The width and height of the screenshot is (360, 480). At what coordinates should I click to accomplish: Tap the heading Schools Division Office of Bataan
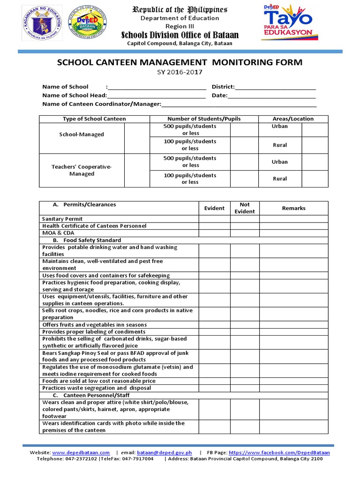coord(180,35)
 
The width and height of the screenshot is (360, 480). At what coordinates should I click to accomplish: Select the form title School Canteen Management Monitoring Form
coord(180,62)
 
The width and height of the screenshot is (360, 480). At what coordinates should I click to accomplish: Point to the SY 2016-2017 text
coord(180,72)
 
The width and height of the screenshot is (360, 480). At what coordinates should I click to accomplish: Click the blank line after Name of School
coord(157,87)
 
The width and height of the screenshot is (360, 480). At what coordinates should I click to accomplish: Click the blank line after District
coord(275,87)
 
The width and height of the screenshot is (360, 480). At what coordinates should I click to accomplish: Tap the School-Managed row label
coord(82,135)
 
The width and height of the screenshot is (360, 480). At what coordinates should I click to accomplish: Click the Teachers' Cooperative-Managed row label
coord(82,170)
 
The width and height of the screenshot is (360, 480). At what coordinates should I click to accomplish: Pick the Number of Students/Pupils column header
coord(204,119)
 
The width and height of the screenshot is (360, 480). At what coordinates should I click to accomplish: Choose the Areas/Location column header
coord(293,119)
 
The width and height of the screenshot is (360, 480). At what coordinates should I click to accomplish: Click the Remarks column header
coord(294,208)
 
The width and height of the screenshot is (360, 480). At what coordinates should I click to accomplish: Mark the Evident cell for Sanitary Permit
coord(214,219)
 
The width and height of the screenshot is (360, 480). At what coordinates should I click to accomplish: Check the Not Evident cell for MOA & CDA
coord(245,233)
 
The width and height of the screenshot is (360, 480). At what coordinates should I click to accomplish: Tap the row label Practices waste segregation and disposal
coord(97,388)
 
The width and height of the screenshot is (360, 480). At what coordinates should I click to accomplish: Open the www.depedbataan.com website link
coord(81,453)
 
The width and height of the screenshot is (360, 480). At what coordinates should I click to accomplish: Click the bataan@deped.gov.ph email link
coord(165,453)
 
